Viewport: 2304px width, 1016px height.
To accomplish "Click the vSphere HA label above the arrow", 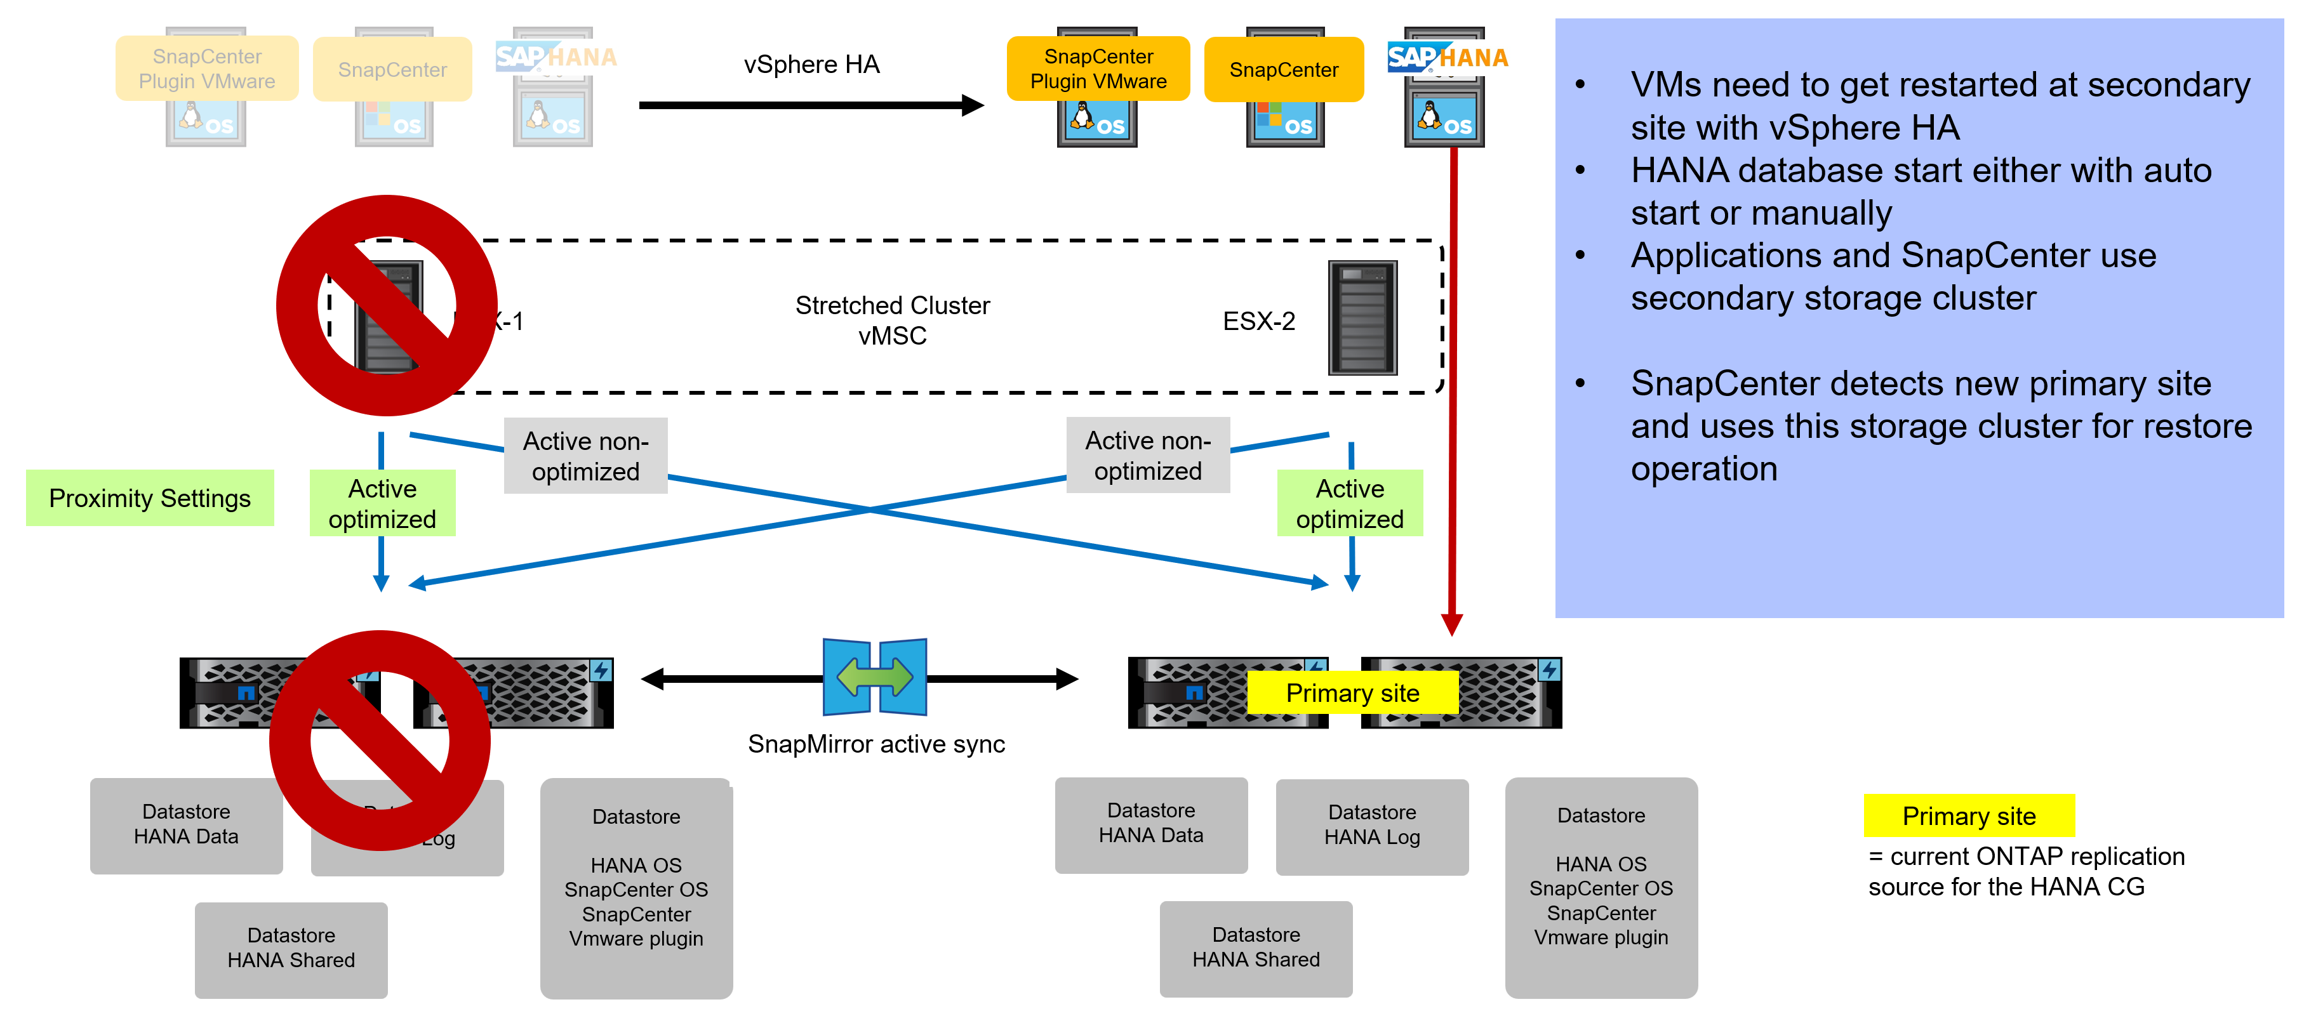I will tap(811, 64).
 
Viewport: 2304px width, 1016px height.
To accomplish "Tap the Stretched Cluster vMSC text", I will tap(892, 320).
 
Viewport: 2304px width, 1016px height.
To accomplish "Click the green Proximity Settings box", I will tap(149, 498).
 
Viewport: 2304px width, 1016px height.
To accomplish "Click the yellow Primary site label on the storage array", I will tap(1352, 693).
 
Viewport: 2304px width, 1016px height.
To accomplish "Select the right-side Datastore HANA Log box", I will tap(1371, 826).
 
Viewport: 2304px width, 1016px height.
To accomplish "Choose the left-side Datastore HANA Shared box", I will tap(291, 948).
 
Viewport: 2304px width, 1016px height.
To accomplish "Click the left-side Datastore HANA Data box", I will tap(186, 824).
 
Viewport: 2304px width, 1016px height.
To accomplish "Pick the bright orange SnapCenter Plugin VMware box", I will tap(1098, 69).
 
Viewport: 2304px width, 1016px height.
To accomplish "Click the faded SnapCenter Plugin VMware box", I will tap(206, 69).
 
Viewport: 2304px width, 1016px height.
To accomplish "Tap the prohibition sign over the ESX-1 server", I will tap(387, 306).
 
